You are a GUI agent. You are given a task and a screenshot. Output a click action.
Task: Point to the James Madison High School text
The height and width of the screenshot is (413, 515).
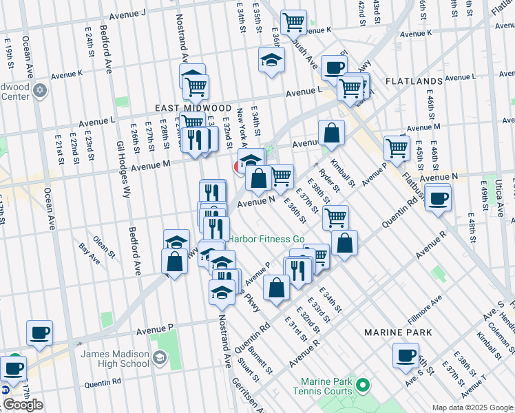tap(114, 359)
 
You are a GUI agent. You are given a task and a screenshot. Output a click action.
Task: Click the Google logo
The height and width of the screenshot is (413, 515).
tap(23, 405)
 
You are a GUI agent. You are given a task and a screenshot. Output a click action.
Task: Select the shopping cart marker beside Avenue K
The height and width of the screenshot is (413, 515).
tap(294, 23)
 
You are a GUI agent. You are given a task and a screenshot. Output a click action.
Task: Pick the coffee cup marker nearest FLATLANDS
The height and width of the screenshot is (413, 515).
tap(334, 67)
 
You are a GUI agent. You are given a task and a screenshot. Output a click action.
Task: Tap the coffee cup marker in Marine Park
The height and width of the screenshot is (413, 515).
tap(406, 356)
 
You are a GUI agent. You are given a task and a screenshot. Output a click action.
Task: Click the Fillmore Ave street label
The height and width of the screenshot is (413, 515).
tap(423, 306)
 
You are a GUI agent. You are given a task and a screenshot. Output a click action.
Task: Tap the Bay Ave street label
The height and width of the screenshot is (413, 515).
tap(90, 253)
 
